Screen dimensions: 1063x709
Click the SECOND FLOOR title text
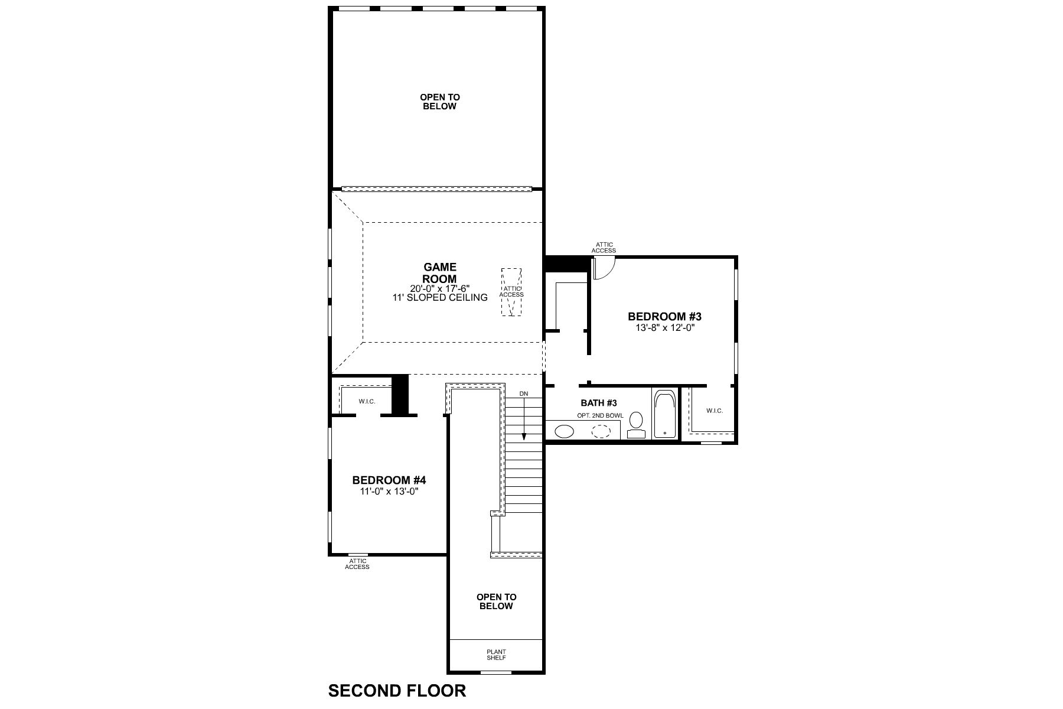point(397,690)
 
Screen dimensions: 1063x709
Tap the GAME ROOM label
point(440,274)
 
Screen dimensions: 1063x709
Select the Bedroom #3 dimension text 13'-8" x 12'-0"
point(664,327)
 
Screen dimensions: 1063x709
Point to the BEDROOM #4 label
point(389,480)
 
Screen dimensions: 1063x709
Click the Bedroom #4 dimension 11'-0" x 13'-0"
point(389,491)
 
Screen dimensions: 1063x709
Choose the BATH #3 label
point(599,403)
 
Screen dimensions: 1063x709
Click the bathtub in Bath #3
point(666,413)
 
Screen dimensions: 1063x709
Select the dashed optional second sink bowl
point(602,431)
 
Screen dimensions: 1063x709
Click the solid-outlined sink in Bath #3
point(565,431)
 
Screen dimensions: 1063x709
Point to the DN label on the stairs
point(524,393)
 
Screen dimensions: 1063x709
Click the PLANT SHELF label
point(496,655)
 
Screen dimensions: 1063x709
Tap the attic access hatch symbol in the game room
point(511,292)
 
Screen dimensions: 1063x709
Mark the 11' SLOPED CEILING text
point(440,298)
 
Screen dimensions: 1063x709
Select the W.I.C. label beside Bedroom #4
point(367,402)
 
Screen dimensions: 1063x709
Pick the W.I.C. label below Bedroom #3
point(714,411)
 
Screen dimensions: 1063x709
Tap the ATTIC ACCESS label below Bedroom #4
point(357,564)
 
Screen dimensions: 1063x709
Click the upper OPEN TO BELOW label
point(440,102)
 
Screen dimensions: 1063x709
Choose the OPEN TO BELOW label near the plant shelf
point(496,601)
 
